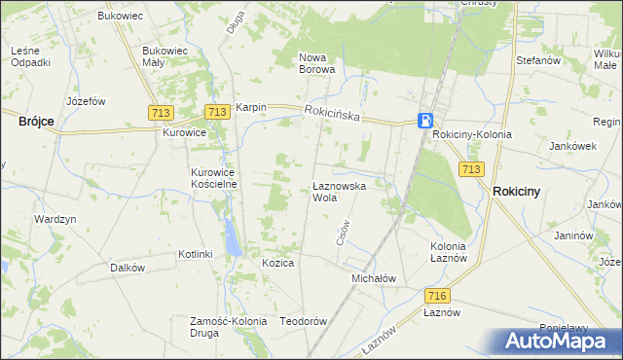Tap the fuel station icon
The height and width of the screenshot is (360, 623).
pos(425,121)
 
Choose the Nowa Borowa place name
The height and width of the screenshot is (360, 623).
pos(316,62)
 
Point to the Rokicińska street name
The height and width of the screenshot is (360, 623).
pos(332,115)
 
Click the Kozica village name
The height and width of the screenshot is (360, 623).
pos(277,263)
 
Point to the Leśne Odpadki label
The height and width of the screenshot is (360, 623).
pos(30,56)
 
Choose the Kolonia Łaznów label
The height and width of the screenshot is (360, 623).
pos(454,253)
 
